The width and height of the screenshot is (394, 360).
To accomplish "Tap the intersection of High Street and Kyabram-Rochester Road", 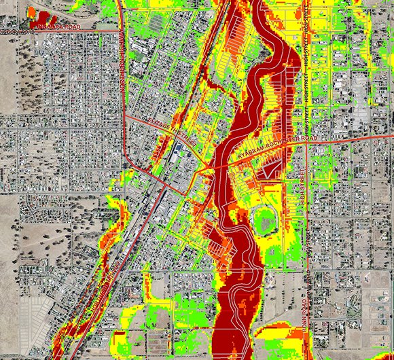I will point(306,145).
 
